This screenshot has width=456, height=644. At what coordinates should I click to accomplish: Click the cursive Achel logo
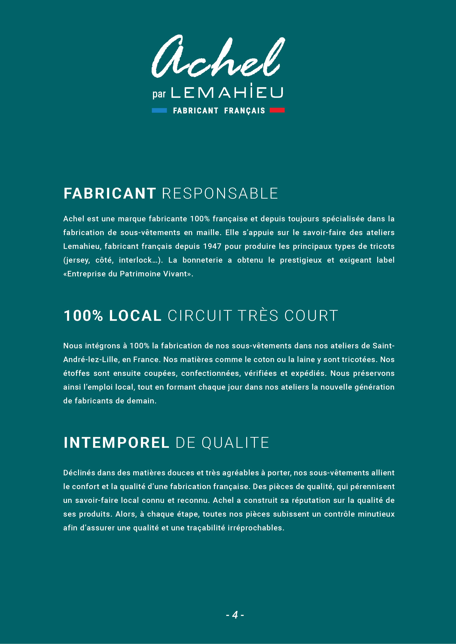218,57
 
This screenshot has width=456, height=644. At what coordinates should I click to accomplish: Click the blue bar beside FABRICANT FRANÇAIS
159,110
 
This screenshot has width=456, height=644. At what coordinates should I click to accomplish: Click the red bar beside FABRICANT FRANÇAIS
277,110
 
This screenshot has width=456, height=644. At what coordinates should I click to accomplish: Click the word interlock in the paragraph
135,260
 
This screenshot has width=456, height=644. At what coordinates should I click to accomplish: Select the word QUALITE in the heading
235,443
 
